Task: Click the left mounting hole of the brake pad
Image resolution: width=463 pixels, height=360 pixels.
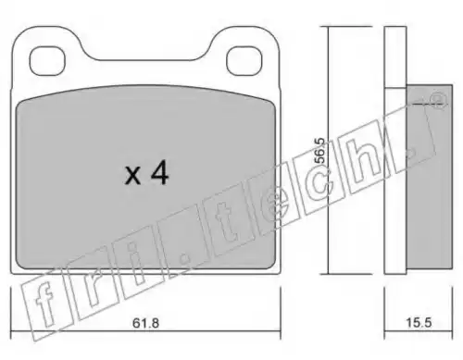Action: tap(47, 61)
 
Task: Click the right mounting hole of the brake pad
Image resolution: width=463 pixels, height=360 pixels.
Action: tap(244, 61)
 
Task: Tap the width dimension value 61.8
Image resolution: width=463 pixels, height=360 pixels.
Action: tap(145, 323)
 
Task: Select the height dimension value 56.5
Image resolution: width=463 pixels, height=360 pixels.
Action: tap(320, 151)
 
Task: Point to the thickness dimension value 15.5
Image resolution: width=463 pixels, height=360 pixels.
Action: tap(419, 323)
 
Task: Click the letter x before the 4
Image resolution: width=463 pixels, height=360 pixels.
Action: tap(133, 177)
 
